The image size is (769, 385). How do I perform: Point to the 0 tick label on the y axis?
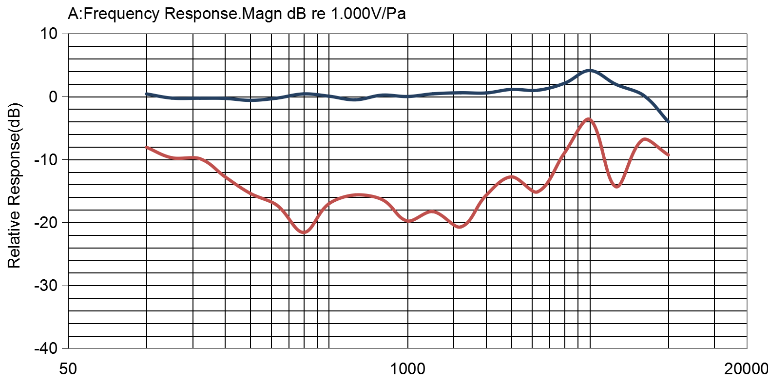(53, 96)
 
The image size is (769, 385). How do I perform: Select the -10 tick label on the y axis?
(46, 159)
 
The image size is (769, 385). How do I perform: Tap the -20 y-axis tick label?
(46, 222)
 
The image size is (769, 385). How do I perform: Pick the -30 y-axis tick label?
(46, 285)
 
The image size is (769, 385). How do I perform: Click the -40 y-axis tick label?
(46, 348)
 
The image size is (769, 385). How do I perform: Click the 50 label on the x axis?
(68, 369)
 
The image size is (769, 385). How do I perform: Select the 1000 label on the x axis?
(408, 369)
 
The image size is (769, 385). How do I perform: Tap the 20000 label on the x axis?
(746, 369)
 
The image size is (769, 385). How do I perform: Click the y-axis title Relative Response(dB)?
(14, 185)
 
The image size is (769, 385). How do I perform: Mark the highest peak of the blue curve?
(590, 70)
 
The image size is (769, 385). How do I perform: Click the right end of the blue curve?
(668, 121)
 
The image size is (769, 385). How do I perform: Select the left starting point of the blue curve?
(147, 94)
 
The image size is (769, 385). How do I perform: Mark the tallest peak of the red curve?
(589, 119)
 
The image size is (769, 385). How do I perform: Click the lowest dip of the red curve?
(304, 232)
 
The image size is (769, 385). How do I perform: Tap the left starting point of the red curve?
(147, 147)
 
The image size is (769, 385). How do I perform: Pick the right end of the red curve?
(669, 155)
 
